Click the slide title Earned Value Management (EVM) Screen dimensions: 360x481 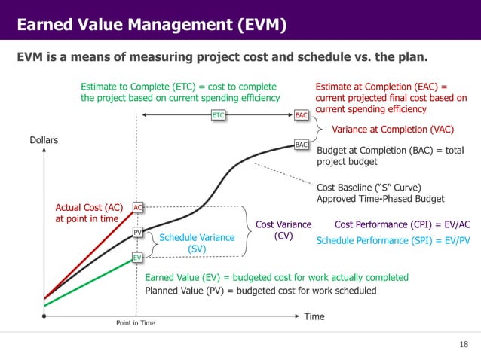click(x=152, y=26)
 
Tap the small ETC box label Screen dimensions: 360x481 click(x=219, y=115)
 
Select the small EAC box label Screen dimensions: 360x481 click(x=301, y=115)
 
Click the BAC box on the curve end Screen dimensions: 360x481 click(x=301, y=143)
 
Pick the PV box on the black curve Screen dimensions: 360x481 click(x=138, y=233)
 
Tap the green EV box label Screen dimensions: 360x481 click(x=138, y=258)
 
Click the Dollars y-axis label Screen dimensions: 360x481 click(x=44, y=140)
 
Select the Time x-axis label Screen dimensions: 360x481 click(x=314, y=316)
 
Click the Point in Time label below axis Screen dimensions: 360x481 click(x=136, y=322)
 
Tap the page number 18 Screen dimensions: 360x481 click(x=463, y=344)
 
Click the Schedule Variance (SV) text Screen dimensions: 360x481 click(x=192, y=243)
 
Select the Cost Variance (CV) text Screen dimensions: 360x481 click(x=283, y=230)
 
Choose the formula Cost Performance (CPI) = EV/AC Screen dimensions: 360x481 click(x=402, y=224)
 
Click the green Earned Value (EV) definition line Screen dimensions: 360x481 click(x=276, y=277)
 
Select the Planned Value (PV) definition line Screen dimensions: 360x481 click(x=259, y=291)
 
